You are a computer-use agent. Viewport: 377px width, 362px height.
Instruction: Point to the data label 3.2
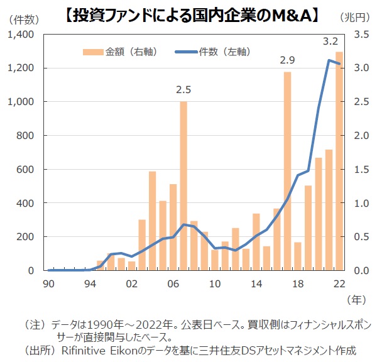click(x=330, y=41)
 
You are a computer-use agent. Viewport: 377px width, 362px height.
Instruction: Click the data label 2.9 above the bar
click(x=288, y=60)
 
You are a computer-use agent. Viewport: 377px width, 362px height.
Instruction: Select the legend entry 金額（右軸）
click(x=120, y=51)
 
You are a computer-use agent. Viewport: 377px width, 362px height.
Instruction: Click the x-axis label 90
click(x=49, y=283)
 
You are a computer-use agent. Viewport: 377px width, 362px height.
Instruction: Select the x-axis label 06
click(x=173, y=283)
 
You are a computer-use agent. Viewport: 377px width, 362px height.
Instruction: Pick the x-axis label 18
click(x=298, y=283)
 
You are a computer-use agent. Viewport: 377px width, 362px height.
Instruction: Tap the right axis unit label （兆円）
click(x=356, y=18)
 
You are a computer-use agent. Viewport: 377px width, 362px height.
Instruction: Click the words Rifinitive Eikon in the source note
click(x=97, y=349)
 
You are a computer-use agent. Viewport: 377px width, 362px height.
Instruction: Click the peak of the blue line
click(x=329, y=60)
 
